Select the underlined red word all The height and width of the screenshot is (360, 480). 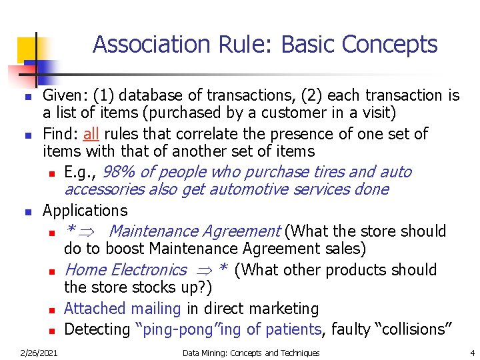[x=91, y=134]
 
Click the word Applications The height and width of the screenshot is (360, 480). [x=85, y=211]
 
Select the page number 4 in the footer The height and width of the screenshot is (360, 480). [x=472, y=353]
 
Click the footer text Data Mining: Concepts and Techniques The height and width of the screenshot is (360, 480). [x=251, y=353]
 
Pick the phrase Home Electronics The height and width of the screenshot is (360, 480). [x=125, y=270]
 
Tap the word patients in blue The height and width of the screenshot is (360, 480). [x=293, y=329]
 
